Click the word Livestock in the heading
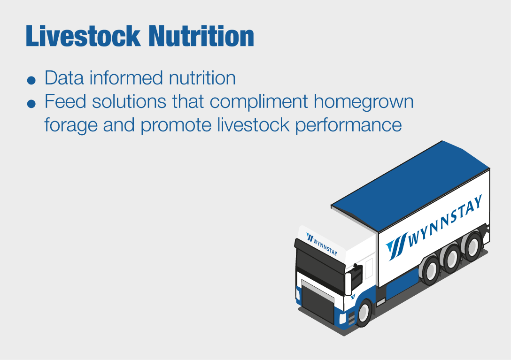(83, 36)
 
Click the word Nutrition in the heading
(201, 36)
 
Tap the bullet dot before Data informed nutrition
(31, 80)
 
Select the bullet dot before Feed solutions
(31, 104)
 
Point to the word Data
(64, 78)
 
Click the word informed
(126, 78)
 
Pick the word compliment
(259, 102)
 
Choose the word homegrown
(364, 102)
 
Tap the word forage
(71, 125)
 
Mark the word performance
(348, 125)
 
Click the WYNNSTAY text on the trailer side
(445, 221)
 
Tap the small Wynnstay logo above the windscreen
(322, 244)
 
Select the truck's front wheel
(364, 313)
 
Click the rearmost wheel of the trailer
(472, 245)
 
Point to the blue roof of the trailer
(410, 186)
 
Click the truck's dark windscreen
(319, 264)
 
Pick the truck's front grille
(318, 301)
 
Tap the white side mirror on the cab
(348, 284)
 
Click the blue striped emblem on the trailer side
(396, 246)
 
